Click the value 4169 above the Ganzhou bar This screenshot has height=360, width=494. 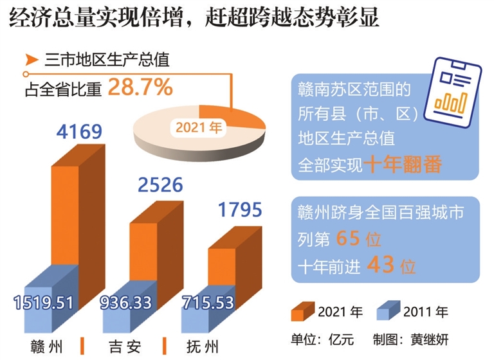[x=79, y=133]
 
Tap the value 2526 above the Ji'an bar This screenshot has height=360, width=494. [x=160, y=185]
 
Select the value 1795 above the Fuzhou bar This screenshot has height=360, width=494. [x=240, y=210]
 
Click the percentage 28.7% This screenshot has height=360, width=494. [x=140, y=87]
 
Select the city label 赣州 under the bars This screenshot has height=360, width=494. [x=48, y=343]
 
